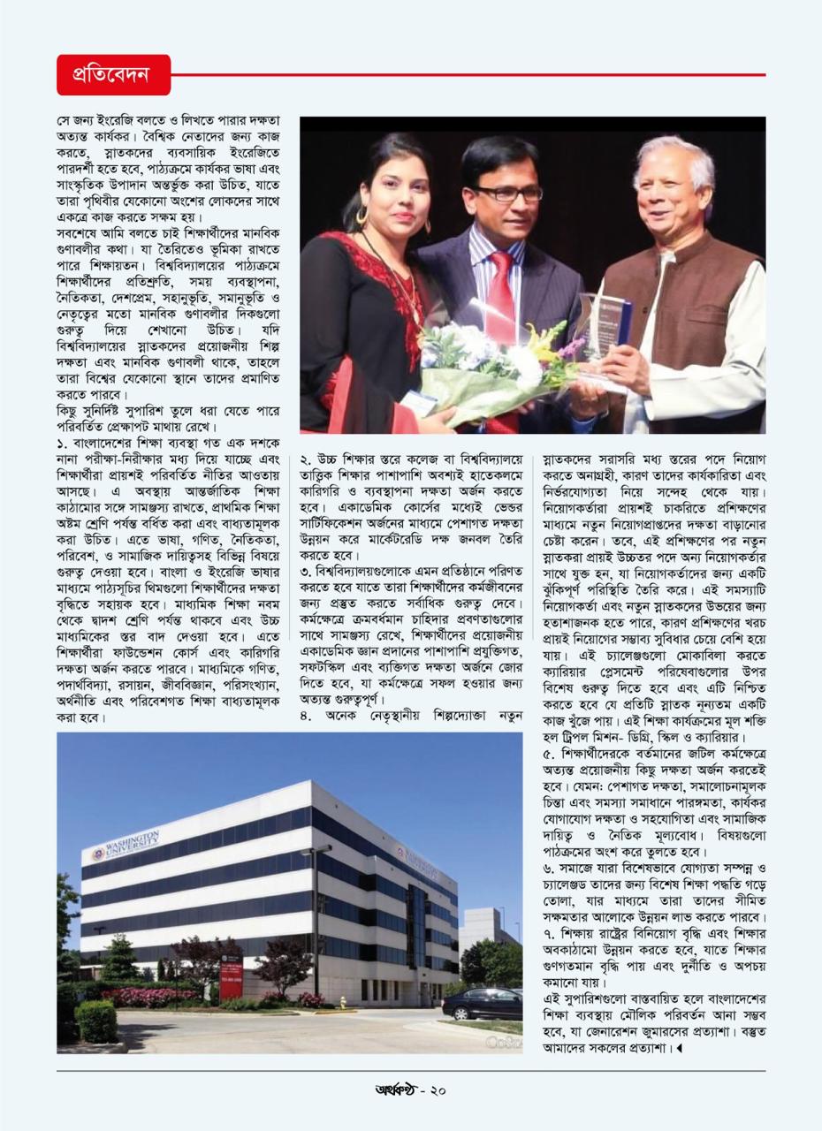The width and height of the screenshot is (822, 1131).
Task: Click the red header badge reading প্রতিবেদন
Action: point(113,75)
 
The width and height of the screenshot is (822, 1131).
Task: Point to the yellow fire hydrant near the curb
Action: point(342,1002)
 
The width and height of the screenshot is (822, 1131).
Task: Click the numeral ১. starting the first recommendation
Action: point(63,441)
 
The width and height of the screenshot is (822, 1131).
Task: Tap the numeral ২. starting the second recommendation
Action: point(306,459)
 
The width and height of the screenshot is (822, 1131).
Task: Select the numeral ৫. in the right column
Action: point(548,754)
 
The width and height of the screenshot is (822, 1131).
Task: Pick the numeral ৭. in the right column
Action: point(548,933)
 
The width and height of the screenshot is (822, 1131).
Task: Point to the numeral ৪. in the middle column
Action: point(306,714)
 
